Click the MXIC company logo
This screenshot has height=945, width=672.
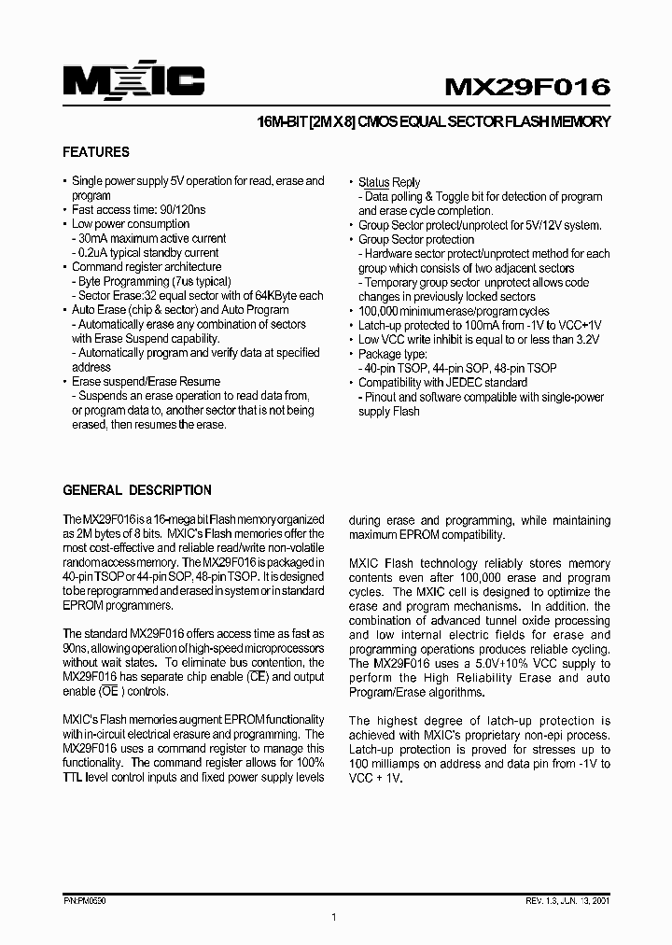coord(133,83)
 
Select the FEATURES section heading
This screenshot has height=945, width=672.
coord(96,152)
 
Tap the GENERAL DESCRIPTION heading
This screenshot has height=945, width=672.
coord(136,490)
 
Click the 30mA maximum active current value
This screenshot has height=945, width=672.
coord(97,239)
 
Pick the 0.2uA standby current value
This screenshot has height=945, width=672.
coord(98,253)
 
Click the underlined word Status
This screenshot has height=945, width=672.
coord(373,183)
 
